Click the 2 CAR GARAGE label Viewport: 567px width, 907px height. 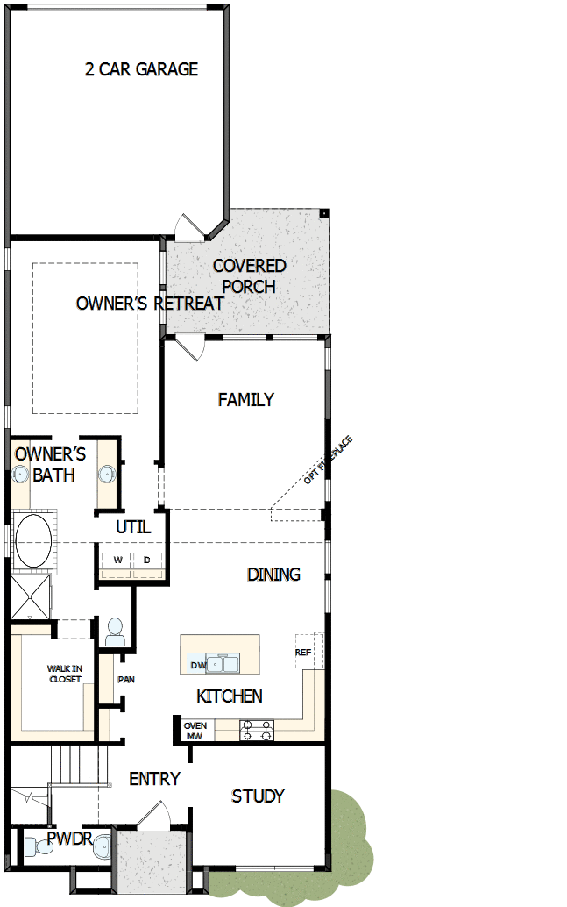point(142,68)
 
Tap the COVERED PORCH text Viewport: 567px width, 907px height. point(249,276)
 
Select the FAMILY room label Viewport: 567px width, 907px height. point(245,400)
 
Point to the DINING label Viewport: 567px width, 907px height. point(273,575)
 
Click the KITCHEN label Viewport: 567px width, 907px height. point(230,696)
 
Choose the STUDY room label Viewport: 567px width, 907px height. point(258,796)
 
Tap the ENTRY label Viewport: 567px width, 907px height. point(154,779)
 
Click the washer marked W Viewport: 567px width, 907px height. point(117,561)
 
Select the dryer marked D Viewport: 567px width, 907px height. point(147,561)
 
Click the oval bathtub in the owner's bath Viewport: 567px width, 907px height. point(33,541)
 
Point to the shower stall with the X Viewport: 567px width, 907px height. point(30,597)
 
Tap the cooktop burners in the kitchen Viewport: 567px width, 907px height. point(257,731)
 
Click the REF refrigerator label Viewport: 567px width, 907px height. point(303,653)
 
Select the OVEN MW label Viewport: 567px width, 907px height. point(195,732)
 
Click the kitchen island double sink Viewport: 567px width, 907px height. point(223,664)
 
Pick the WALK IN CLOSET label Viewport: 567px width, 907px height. point(65,674)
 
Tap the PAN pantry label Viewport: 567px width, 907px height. point(126,680)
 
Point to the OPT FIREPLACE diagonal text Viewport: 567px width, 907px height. point(329,461)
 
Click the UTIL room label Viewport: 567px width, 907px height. point(133,527)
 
